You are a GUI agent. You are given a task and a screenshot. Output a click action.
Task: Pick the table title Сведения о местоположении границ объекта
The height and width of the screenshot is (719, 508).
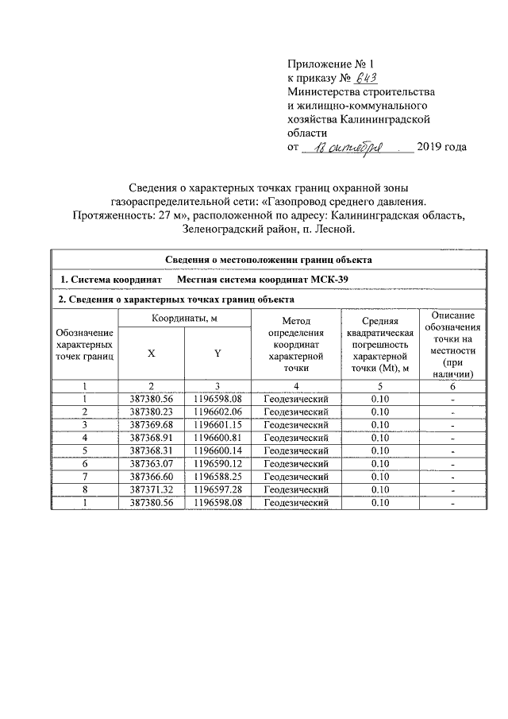267,259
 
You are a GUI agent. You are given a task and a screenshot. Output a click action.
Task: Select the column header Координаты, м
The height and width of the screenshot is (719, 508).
184,318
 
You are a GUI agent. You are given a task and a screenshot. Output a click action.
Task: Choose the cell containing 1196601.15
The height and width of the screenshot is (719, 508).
217,424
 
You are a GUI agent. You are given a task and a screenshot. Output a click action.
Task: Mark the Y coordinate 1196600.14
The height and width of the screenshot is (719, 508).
217,450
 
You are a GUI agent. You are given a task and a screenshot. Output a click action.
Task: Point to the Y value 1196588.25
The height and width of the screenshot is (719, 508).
217,476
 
